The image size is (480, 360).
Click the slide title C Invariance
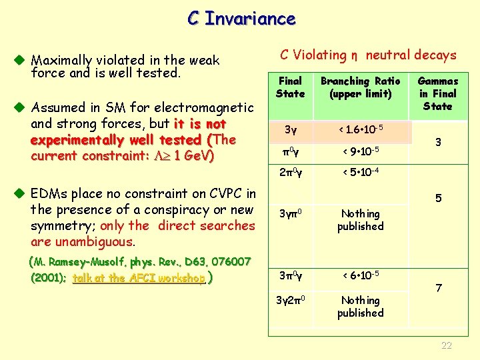(x=241, y=18)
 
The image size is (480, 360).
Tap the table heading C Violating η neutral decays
(x=368, y=55)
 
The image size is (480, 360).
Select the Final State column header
(x=290, y=87)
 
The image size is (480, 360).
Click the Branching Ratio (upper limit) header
(x=360, y=87)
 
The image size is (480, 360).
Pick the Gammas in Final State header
(x=438, y=93)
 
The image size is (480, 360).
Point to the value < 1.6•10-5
(x=360, y=128)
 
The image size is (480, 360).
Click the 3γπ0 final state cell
(x=291, y=214)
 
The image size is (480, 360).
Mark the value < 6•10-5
(x=360, y=275)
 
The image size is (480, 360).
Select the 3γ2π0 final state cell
(x=291, y=301)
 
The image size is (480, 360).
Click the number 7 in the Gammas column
(x=438, y=288)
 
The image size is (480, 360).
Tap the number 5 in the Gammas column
(x=438, y=199)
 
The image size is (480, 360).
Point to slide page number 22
(x=447, y=345)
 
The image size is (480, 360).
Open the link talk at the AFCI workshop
(x=139, y=279)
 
